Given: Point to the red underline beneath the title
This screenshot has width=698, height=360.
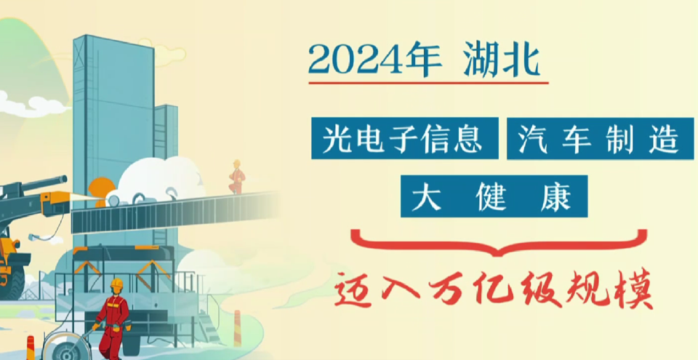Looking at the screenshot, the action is [x=428, y=83].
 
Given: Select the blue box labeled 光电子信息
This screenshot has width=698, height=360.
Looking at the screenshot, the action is [x=405, y=138].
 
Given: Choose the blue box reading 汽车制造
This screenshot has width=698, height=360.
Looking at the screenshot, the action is [x=600, y=138].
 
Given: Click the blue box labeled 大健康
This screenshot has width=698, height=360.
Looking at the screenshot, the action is [x=494, y=196].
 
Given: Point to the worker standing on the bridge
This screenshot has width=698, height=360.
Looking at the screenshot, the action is [x=237, y=177].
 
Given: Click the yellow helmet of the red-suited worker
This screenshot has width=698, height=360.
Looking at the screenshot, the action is [x=116, y=284].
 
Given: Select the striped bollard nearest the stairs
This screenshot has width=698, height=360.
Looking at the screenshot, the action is [x=237, y=329].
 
